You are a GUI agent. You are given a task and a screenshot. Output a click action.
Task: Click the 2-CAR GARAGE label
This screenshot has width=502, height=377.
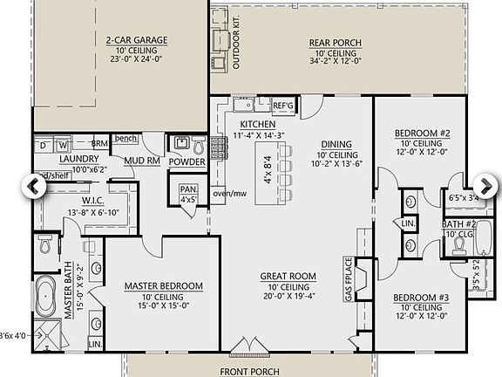click(x=136, y=40)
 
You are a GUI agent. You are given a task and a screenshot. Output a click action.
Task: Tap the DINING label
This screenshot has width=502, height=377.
click(x=336, y=146)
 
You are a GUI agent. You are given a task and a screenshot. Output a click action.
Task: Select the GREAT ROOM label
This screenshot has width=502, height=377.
click(x=288, y=277)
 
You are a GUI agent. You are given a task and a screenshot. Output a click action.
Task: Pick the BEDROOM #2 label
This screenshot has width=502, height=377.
click(x=421, y=134)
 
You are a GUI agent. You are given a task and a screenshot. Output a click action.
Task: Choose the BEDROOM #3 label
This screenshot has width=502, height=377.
click(x=421, y=298)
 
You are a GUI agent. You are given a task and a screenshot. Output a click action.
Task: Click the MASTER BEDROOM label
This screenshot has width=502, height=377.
click(x=163, y=286)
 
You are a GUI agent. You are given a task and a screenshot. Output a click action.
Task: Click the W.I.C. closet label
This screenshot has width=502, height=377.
click(x=80, y=201)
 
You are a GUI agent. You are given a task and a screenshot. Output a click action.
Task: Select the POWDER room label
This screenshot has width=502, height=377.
click(x=187, y=162)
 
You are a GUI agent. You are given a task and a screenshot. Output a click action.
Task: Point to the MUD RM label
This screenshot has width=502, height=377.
click(x=140, y=161)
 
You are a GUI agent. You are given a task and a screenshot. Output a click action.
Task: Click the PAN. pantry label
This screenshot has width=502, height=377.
click(x=187, y=188)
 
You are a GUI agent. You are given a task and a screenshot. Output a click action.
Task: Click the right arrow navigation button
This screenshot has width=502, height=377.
click(x=485, y=186)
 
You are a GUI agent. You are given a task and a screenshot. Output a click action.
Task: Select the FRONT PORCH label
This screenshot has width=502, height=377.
click(x=249, y=371)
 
